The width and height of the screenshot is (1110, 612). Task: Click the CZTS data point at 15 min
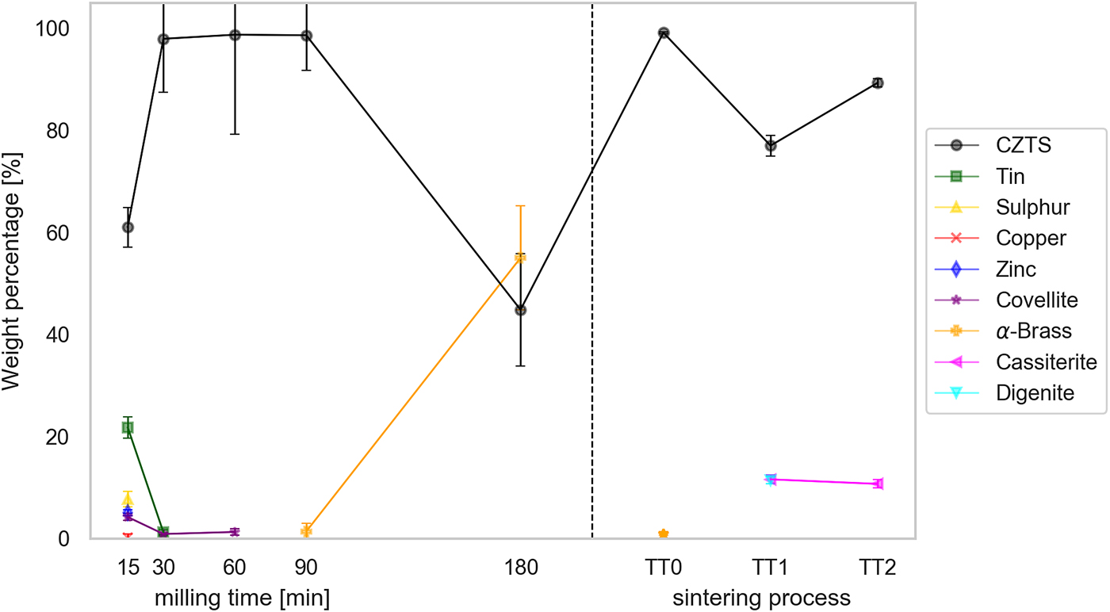[128, 228]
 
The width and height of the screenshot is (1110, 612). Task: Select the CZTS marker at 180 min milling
[520, 310]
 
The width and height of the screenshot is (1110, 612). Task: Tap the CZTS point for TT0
[664, 33]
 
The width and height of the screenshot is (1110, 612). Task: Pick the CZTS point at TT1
[771, 146]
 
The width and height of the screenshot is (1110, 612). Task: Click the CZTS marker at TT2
[878, 83]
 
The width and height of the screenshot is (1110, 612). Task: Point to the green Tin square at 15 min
[128, 427]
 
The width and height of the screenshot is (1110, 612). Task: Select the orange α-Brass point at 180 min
[520, 258]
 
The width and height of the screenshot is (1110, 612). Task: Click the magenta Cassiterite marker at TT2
[878, 484]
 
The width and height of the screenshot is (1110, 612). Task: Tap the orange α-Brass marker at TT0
[664, 534]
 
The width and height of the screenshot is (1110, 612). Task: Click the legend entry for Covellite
[1026, 300]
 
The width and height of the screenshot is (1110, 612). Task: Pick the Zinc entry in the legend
[1016, 269]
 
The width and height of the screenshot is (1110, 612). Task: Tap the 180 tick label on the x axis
[520, 568]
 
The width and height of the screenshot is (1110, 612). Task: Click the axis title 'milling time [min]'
[242, 597]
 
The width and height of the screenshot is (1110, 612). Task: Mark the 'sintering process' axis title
[761, 597]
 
